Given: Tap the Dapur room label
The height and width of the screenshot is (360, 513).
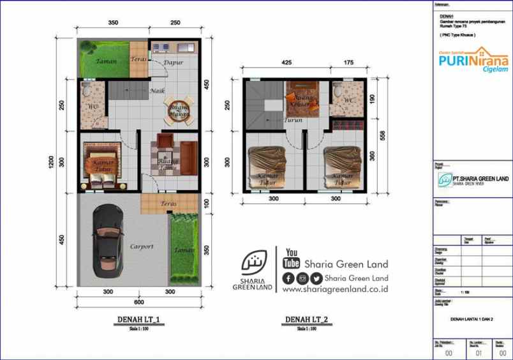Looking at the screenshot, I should point(174,63).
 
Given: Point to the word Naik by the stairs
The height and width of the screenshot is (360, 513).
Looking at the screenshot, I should point(157,91).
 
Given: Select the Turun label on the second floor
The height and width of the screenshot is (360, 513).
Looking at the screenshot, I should point(294,119).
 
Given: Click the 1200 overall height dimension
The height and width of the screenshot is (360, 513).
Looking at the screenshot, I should point(51,163).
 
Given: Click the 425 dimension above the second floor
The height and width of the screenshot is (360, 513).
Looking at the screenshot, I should point(286,63).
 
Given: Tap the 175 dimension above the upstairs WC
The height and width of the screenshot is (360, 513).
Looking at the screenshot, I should point(348,63).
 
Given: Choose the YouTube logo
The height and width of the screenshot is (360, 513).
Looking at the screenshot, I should point(292,259).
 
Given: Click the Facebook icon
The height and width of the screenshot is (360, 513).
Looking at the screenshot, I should point(288,278).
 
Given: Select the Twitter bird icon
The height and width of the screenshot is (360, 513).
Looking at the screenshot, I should point(316,278).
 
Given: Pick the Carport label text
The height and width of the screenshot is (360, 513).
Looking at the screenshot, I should point(142,246).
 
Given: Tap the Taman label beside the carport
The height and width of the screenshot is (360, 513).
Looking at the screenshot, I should point(185,250).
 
